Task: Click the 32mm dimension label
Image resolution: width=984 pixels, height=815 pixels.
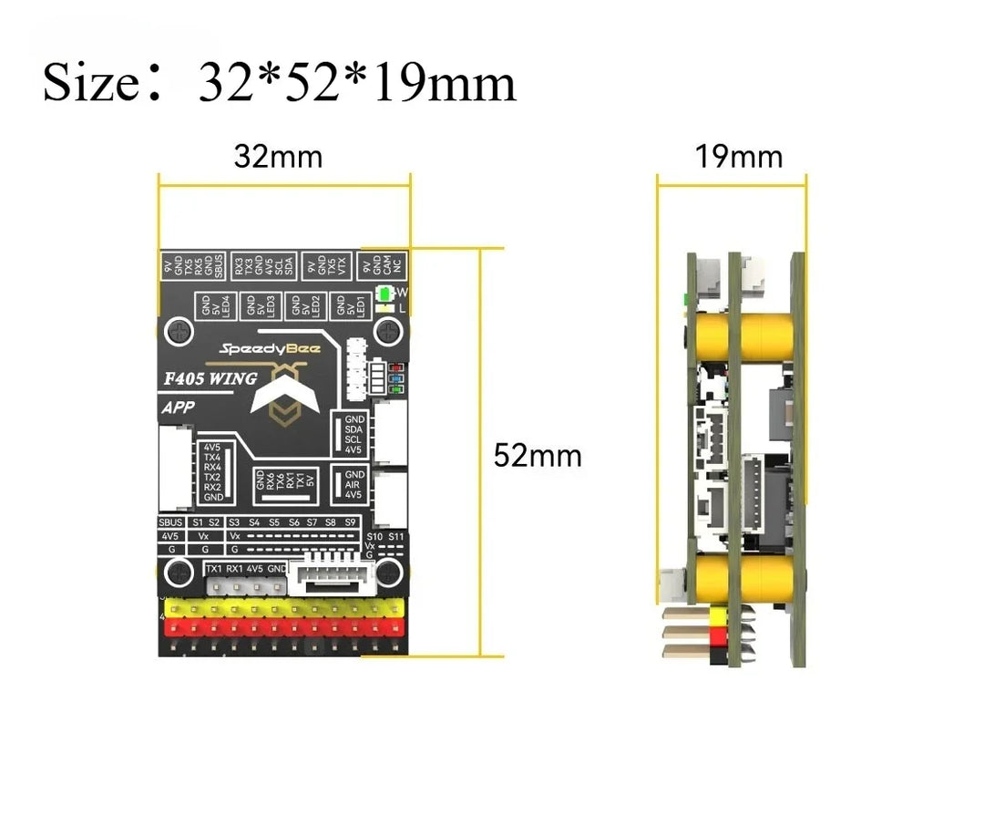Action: click(278, 157)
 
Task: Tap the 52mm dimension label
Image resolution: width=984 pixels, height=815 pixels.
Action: click(538, 455)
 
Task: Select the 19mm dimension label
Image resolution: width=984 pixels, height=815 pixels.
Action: click(739, 157)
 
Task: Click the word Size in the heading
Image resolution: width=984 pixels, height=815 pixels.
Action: click(89, 84)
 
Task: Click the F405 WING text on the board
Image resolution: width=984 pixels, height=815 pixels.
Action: click(210, 378)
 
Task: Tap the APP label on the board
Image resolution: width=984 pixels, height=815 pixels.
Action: click(178, 407)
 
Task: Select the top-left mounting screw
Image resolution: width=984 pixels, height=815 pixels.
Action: click(179, 330)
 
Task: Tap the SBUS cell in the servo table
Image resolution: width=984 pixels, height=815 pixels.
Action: click(171, 522)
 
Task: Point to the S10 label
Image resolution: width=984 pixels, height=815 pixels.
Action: click(374, 537)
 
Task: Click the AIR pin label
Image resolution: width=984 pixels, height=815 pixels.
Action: click(354, 485)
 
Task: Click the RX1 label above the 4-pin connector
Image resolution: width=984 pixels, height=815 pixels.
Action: click(234, 569)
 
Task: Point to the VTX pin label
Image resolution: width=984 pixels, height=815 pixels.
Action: click(343, 265)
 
